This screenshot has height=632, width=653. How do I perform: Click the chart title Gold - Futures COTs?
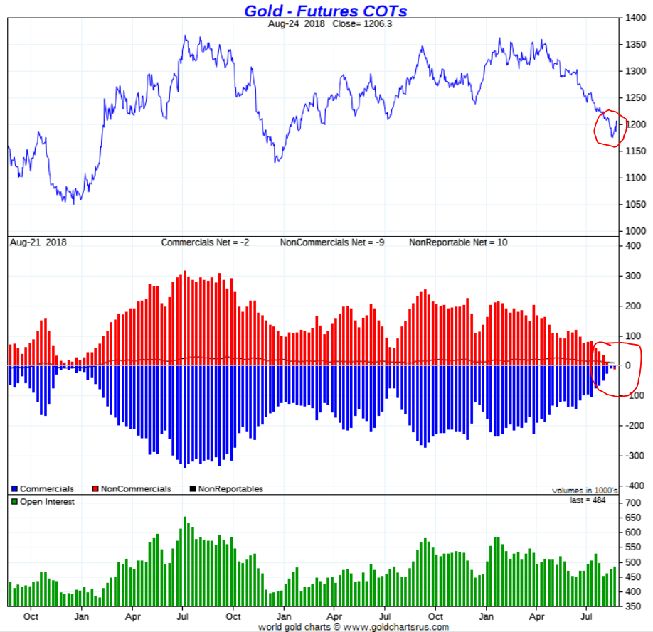326,11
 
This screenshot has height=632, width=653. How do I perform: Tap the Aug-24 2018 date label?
295,23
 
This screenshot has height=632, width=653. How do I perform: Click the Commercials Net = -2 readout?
205,242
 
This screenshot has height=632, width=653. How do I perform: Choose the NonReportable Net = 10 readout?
458,242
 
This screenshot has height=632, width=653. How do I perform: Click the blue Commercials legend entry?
43,489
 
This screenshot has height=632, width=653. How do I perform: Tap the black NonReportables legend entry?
225,489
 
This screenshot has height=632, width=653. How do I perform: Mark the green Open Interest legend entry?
43,502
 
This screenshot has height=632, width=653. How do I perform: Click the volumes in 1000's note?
585,491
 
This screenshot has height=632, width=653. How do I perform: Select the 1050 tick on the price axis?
635,204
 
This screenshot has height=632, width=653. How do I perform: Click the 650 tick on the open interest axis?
633,518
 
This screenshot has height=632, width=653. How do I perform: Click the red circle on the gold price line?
610,129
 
